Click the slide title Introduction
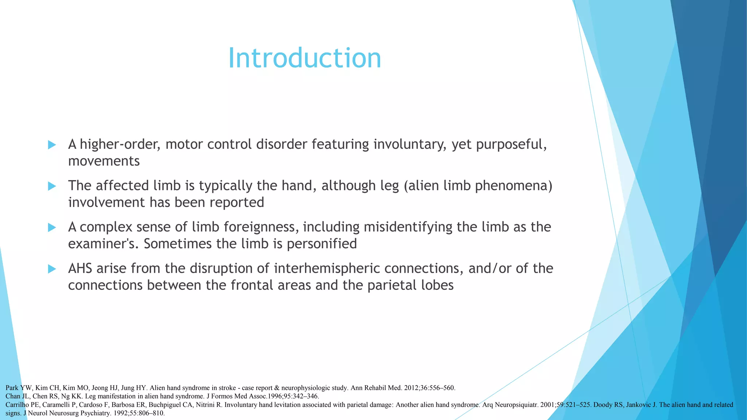point(305,58)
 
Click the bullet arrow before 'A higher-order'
point(52,145)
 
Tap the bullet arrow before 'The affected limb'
point(52,186)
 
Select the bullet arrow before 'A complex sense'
point(52,227)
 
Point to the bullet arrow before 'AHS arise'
point(52,269)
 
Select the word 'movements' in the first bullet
point(104,161)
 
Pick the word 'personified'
point(322,244)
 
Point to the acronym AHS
point(81,268)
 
